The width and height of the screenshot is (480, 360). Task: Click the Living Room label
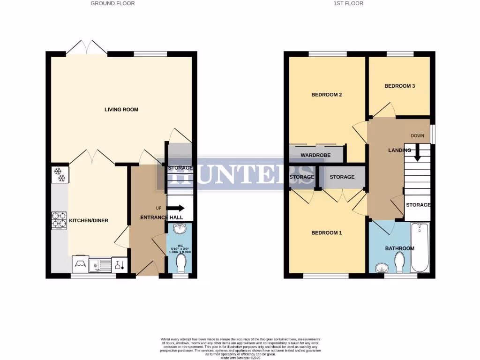click(121, 110)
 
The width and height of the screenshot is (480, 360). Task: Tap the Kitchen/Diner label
click(89, 220)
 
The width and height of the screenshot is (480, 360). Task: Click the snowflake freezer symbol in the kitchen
click(60, 174)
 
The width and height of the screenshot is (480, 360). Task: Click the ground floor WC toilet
click(180, 263)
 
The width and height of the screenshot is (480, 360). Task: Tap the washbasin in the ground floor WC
click(180, 229)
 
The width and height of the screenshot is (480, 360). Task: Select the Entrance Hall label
click(147, 217)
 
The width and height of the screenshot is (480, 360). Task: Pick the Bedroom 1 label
click(327, 233)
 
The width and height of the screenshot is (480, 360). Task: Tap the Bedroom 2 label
click(327, 95)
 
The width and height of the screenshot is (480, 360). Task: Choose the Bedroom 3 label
click(399, 86)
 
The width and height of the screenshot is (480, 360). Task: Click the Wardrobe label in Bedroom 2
click(315, 155)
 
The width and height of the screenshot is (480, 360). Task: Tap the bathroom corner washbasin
click(382, 267)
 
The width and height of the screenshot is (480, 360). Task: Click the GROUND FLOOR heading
click(112, 3)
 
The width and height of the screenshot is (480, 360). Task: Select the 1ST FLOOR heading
click(348, 3)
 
